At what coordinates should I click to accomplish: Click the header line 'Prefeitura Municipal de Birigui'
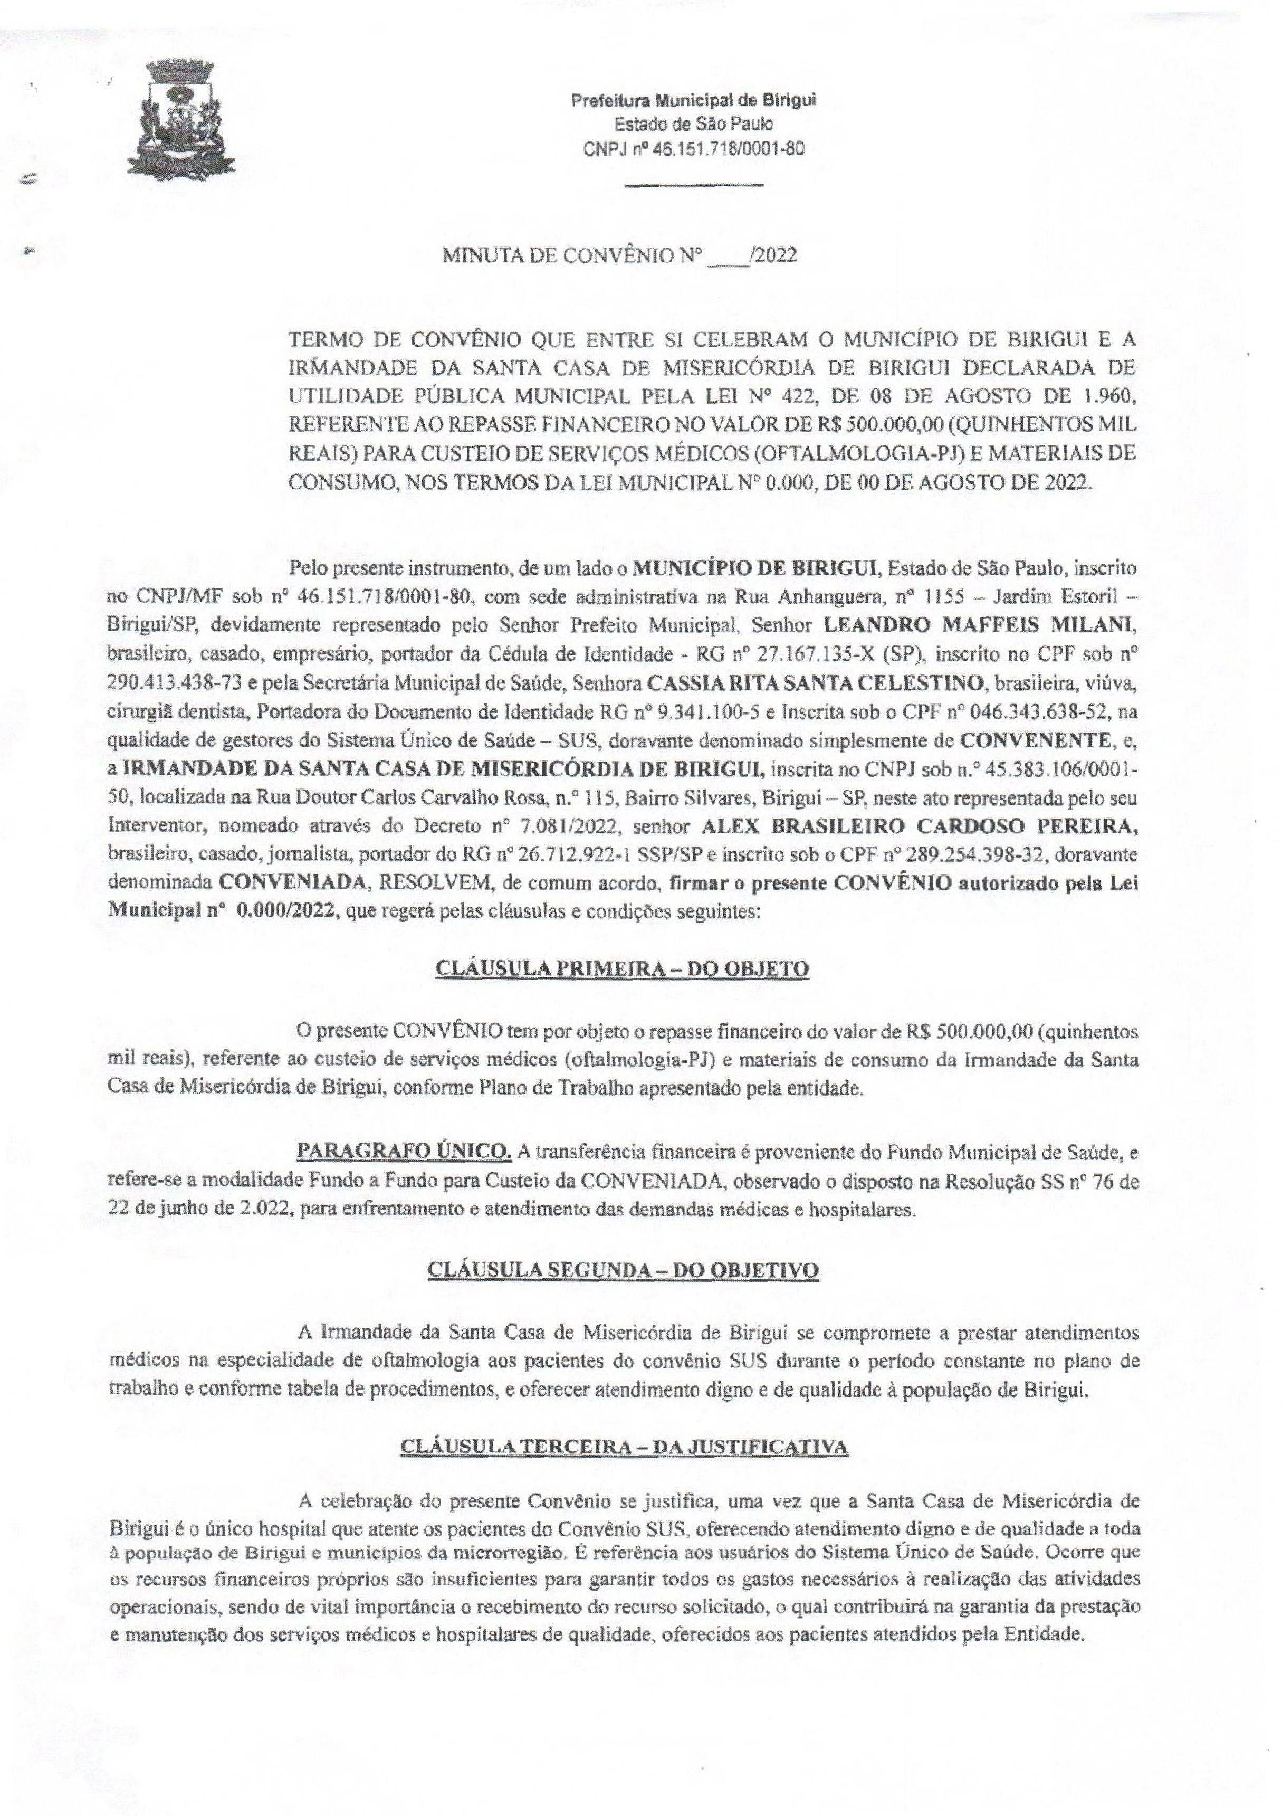pyautogui.click(x=694, y=100)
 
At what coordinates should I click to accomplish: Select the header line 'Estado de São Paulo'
pyautogui.click(x=694, y=124)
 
